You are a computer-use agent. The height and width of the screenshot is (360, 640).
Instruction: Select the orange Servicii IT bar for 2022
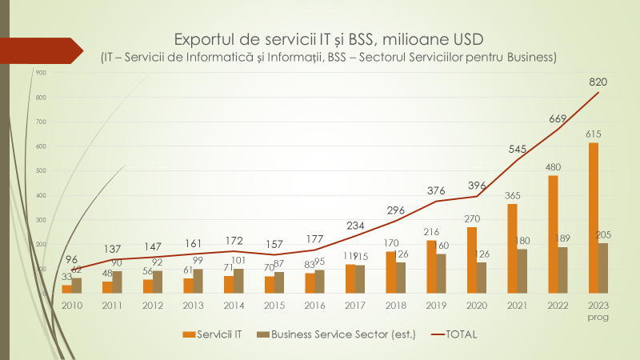pyautogui.click(x=553, y=234)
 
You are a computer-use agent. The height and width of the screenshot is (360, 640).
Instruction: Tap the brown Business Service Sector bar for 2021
pyautogui.click(x=522, y=271)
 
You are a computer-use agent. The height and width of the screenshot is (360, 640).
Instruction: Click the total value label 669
pyautogui.click(x=558, y=118)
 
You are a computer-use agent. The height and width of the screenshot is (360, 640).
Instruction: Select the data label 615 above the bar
pyautogui.click(x=593, y=134)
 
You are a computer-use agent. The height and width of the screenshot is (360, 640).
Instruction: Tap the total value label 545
pyautogui.click(x=518, y=149)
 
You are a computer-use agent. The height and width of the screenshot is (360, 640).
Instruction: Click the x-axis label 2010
pyautogui.click(x=72, y=305)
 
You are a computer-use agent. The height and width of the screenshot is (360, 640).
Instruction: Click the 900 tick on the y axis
pyautogui.click(x=42, y=73)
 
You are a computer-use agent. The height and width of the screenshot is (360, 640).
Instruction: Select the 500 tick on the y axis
pyautogui.click(x=42, y=170)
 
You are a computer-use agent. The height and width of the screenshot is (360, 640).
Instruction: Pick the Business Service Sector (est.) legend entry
pyautogui.click(x=337, y=334)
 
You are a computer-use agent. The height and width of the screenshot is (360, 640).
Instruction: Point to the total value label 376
pyautogui.click(x=437, y=190)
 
